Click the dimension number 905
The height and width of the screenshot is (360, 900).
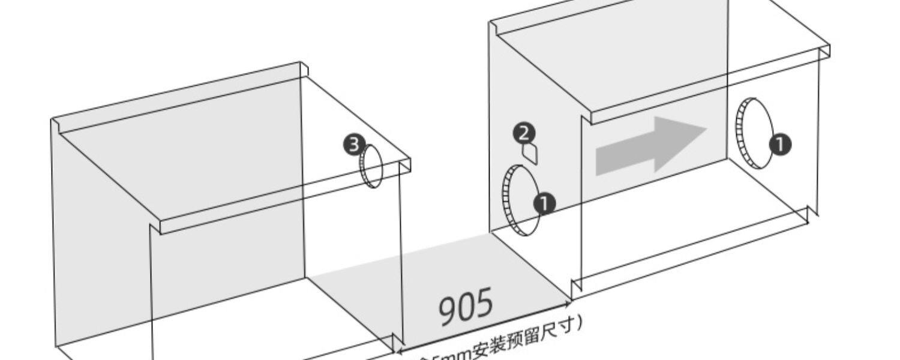[466, 307]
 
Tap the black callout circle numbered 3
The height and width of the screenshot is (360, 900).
[353, 145]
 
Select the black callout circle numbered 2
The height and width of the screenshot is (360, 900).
[524, 133]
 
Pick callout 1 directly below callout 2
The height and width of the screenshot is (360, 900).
[544, 204]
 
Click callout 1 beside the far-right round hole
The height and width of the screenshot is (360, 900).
[780, 145]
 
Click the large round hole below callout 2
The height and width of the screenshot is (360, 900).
[520, 200]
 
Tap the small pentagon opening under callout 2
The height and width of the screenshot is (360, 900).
[530, 154]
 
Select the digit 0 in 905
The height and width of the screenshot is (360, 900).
[466, 307]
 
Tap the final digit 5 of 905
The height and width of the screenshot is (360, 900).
[484, 302]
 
